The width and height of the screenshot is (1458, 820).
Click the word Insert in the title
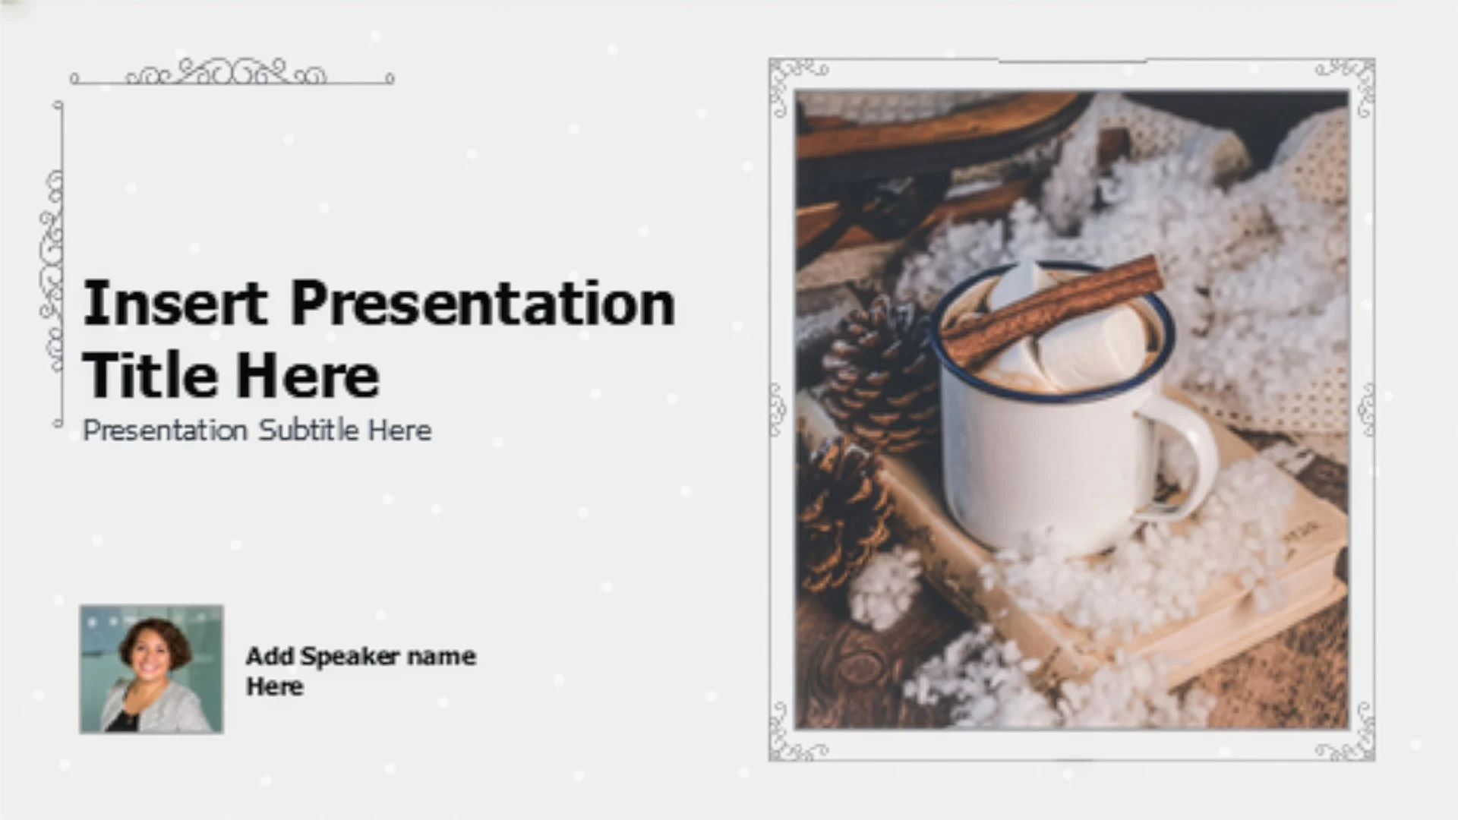(x=175, y=303)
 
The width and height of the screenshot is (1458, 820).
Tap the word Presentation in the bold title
(x=482, y=304)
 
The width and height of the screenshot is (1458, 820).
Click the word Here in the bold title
(x=307, y=375)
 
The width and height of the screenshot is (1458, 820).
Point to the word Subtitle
(x=308, y=430)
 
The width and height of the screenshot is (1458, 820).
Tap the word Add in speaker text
(x=270, y=656)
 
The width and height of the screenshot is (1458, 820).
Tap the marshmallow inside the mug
(x=1063, y=334)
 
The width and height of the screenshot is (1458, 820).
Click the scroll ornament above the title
(x=232, y=72)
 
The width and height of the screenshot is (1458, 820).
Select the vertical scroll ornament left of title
(x=53, y=264)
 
